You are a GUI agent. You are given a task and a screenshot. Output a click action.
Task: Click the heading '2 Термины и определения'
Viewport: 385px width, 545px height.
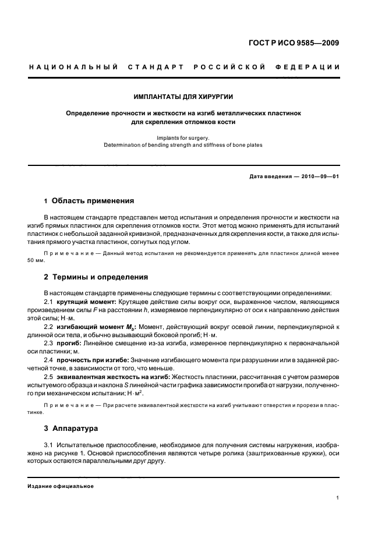[96, 277]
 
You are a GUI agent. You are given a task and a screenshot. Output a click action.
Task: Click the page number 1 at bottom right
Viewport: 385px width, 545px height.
[338, 498]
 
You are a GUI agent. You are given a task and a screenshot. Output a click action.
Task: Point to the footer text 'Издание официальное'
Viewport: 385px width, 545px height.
[61, 486]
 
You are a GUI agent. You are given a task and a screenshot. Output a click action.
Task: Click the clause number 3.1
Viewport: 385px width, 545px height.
[49, 445]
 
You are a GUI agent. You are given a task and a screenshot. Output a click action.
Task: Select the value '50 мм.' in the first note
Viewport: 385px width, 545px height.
[36, 260]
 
